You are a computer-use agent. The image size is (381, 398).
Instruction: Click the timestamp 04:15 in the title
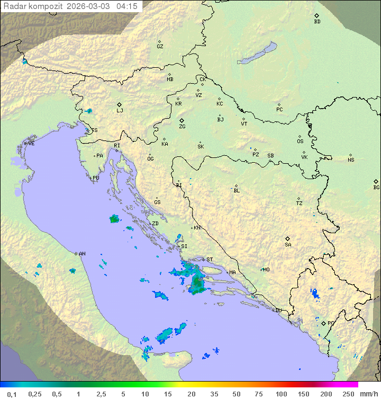[x=127, y=6]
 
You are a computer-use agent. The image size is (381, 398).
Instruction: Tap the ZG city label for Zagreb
[x=182, y=127]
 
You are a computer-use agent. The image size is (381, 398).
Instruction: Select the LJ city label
[x=120, y=110]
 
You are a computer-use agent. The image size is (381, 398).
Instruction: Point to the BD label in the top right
[x=317, y=22]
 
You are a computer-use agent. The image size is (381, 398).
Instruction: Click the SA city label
[x=288, y=244]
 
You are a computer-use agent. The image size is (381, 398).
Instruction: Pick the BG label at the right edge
[x=376, y=187]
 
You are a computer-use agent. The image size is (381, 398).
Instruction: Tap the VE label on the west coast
[x=31, y=144]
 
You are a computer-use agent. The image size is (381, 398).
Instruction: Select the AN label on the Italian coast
[x=82, y=254]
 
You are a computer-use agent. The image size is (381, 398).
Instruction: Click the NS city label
[x=351, y=160]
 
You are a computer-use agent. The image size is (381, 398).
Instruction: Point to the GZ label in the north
[x=160, y=46]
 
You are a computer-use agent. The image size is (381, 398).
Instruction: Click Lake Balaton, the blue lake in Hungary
[x=257, y=53]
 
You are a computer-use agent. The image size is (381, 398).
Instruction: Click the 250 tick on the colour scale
[x=348, y=394]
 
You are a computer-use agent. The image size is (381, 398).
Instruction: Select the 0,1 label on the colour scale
[x=12, y=394]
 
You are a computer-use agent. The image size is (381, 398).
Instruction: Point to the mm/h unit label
[x=368, y=394]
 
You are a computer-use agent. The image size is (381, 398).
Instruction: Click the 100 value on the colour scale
[x=281, y=394]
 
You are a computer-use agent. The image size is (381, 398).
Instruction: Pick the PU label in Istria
[x=96, y=178]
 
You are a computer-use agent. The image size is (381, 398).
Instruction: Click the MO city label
[x=266, y=270]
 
